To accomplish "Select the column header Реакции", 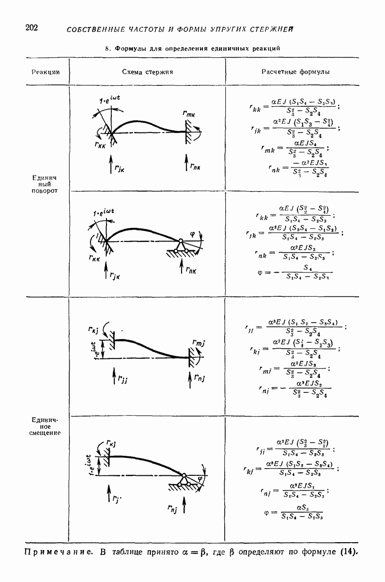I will coord(45,72).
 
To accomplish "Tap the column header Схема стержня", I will coord(147,72).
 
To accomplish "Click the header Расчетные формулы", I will coord(295,72).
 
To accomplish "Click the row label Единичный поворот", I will coord(45,184).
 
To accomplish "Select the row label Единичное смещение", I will coord(45,426).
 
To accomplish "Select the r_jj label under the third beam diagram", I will coord(122,379).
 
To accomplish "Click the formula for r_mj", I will coord(295,368).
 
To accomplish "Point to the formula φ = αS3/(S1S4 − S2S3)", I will coord(295,512).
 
